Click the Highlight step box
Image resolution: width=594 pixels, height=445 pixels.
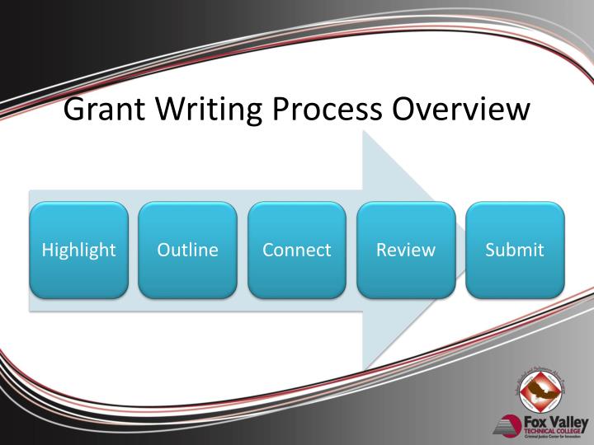[x=79, y=250]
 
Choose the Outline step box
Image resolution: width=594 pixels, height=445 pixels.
[x=188, y=250]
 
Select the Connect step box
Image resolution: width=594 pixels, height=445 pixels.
[x=297, y=250]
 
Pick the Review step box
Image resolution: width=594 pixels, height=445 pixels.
[x=406, y=250]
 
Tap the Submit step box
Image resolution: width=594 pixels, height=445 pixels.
[x=515, y=250]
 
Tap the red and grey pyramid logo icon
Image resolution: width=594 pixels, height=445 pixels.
[x=507, y=426]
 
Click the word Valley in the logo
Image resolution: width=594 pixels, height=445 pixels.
[x=569, y=420]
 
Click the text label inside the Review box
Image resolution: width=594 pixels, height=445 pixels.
[x=406, y=250]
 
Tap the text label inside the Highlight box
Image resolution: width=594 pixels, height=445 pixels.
[x=79, y=250]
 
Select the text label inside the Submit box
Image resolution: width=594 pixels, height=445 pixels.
[x=515, y=250]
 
